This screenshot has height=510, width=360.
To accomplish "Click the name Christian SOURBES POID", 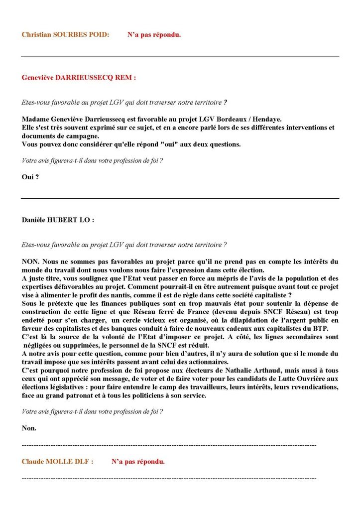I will tap(65, 35).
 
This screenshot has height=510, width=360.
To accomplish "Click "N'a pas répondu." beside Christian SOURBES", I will tap(154, 35).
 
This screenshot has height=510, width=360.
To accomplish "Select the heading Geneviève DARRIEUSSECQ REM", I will tap(79, 78).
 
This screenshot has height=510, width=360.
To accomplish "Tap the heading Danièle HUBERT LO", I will tap(58, 220).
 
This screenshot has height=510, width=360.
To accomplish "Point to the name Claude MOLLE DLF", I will tap(57, 462).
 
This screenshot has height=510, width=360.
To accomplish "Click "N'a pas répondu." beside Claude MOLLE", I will tap(138, 462).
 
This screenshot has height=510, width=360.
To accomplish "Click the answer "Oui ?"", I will tap(30, 177).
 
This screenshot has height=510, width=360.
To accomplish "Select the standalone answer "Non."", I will tap(29, 428).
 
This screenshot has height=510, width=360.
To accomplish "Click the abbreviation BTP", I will tap(330, 328).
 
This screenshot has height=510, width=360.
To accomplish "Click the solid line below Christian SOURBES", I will tap(180, 56).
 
